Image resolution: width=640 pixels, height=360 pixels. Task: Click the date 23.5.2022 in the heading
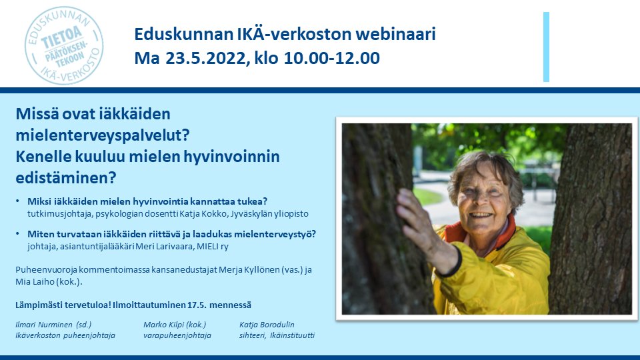203,59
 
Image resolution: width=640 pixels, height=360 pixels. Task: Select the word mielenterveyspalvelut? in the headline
103,135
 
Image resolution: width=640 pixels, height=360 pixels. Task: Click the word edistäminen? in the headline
65,178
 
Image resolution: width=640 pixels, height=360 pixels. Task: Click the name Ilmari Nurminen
46,325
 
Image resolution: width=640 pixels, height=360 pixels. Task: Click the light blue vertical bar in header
546,47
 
